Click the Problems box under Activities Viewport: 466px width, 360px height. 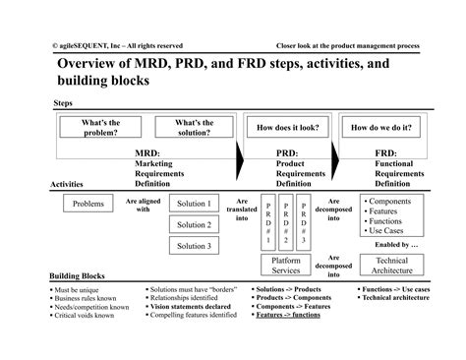[89, 205]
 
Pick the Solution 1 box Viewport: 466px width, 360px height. [194, 204]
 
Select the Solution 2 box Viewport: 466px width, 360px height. [194, 224]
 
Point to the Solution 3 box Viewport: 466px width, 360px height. [194, 246]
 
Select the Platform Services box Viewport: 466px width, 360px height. [286, 266]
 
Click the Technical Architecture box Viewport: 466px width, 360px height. [391, 266]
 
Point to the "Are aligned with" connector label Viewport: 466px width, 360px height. [143, 205]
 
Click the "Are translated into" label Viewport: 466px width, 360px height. [242, 210]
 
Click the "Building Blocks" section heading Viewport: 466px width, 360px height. [79, 277]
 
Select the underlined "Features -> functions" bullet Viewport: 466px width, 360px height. [292, 314]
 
